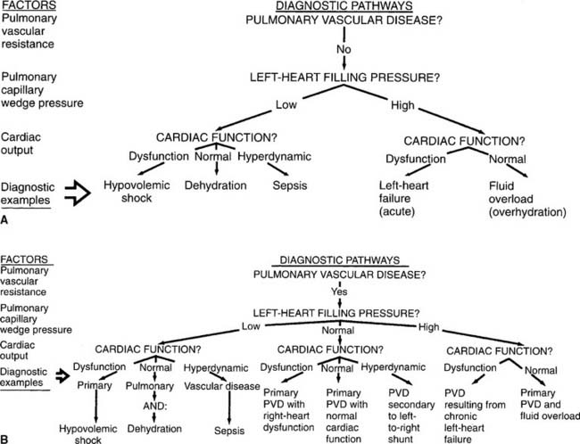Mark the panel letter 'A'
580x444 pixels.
pos(6,217)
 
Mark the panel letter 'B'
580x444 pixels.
pos(6,438)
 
